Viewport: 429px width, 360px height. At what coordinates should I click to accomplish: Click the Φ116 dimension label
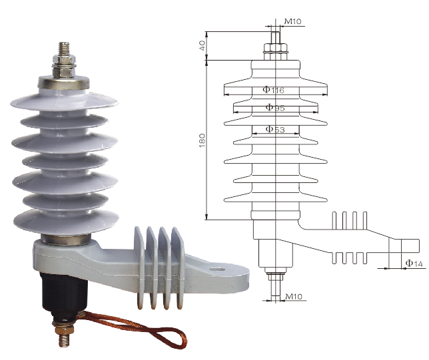273,90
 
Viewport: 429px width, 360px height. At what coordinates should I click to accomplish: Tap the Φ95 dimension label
275,107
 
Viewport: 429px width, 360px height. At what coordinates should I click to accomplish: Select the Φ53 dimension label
275,129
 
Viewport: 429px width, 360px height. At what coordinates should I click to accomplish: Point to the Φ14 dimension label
414,264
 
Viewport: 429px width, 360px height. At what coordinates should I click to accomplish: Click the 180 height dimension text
202,140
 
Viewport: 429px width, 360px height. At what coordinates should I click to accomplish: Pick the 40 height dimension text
202,45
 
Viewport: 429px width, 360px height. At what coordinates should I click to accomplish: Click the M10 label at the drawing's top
292,21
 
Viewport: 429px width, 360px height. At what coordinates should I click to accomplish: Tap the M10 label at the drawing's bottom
294,296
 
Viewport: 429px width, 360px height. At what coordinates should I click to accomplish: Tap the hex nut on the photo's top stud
64,72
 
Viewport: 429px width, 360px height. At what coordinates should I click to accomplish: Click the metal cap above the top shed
63,83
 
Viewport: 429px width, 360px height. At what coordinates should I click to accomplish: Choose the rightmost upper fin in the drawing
364,220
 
